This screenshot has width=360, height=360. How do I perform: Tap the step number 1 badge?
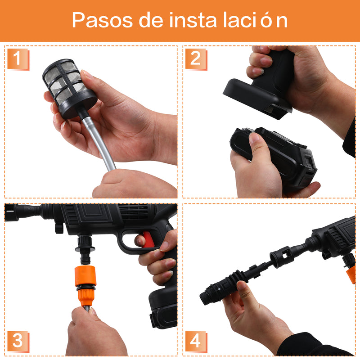tap(18, 59)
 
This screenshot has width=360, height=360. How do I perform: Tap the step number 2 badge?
tap(196, 59)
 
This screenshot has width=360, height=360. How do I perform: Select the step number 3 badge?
tap(18, 341)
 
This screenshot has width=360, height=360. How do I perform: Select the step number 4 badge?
tap(196, 341)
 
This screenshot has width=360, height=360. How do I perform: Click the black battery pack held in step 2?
tap(274, 157)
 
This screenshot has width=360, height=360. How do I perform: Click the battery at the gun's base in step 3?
tap(164, 308)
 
